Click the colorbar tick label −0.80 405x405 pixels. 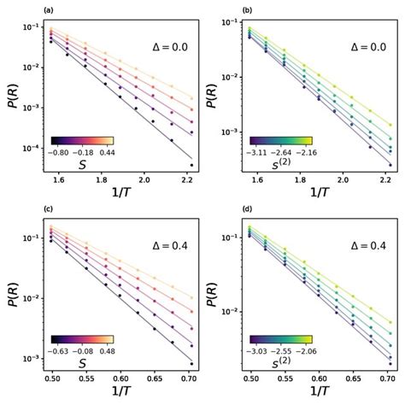61,151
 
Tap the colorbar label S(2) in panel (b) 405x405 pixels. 284,164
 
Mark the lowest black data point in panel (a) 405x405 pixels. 191,165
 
